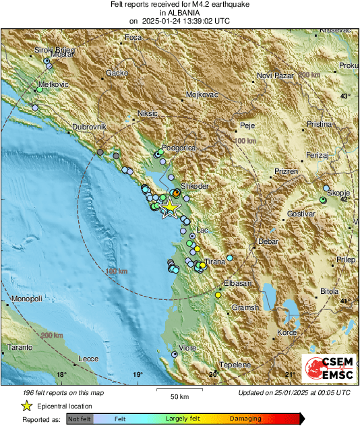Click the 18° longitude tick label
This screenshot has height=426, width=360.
pos(61,375)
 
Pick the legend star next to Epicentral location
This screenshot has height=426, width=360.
pos(27,406)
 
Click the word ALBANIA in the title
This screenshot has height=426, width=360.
pos(179,13)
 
